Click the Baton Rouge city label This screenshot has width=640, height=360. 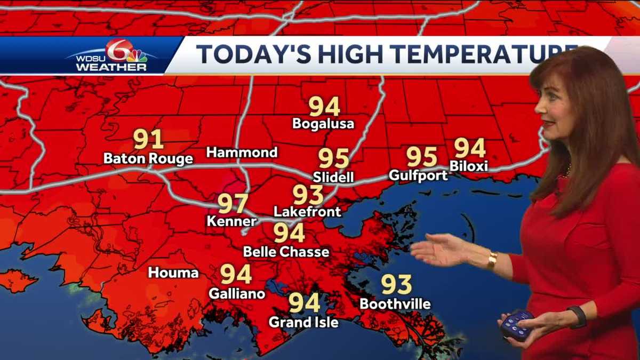point(148,159)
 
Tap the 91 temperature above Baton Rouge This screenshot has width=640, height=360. point(148,140)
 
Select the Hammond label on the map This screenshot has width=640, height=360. point(242,153)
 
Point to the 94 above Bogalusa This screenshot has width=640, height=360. point(324,107)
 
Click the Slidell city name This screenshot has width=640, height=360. point(333,177)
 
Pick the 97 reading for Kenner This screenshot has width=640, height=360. point(233,203)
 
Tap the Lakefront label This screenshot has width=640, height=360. point(307,212)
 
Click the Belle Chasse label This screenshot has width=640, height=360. point(286,251)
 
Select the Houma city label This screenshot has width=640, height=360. point(173,273)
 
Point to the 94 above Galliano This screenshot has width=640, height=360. point(236,274)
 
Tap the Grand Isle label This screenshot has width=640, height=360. point(303,322)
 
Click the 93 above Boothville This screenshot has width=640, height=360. point(396,285)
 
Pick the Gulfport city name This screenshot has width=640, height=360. point(419,175)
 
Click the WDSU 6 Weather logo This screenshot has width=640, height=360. point(113,55)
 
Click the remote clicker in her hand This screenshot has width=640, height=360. point(517,324)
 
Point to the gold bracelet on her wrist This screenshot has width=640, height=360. point(492,261)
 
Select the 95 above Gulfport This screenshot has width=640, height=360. point(422,156)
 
